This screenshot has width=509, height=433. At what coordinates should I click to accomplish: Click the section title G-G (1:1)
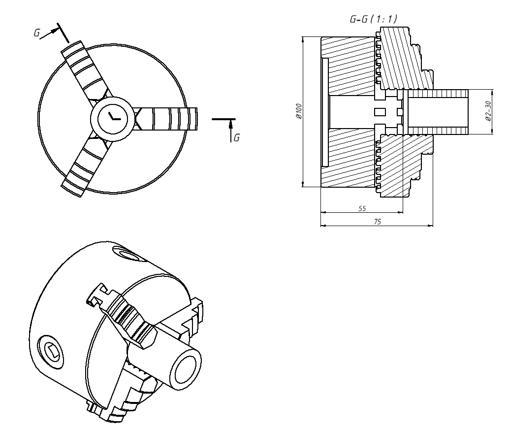(373, 19)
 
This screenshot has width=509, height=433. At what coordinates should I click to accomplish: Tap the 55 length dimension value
(362, 208)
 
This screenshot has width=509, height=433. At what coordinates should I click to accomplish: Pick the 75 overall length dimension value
(377, 222)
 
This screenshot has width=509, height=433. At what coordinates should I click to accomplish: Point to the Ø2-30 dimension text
(487, 111)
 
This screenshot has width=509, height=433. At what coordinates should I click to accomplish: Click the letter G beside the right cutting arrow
(237, 137)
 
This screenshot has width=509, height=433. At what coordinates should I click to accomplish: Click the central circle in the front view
(112, 118)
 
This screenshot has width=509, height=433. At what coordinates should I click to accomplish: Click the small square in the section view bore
(379, 112)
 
